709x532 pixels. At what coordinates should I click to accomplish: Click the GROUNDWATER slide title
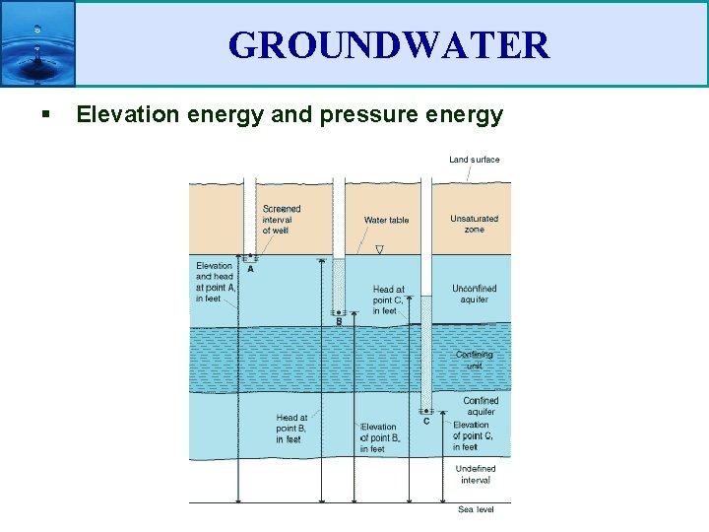coord(388,45)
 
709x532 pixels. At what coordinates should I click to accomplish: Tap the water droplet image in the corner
coord(37,43)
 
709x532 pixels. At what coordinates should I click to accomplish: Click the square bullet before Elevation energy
coord(46,116)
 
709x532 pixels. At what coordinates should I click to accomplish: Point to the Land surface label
coord(474,160)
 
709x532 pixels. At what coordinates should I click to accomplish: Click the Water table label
coord(386,221)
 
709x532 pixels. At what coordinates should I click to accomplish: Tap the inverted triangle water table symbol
coord(379,250)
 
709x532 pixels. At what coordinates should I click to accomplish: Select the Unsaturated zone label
coord(474,224)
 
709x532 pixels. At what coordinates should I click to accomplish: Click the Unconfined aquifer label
coord(474,294)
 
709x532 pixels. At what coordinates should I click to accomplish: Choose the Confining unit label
coord(474,360)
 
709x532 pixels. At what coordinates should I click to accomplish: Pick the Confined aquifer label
coord(480,406)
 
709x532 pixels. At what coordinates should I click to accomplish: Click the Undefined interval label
coord(475,474)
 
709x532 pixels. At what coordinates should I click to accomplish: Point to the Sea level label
coord(476,509)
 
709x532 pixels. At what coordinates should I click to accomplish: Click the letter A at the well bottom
coord(250,269)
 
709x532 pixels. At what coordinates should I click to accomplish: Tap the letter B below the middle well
coord(339,322)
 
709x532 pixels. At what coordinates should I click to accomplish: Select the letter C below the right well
coord(425,422)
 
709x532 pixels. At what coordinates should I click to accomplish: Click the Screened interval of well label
coord(281,220)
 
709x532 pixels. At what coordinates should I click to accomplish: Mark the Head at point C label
coord(388,300)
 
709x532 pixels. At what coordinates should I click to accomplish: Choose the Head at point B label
coord(291,429)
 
